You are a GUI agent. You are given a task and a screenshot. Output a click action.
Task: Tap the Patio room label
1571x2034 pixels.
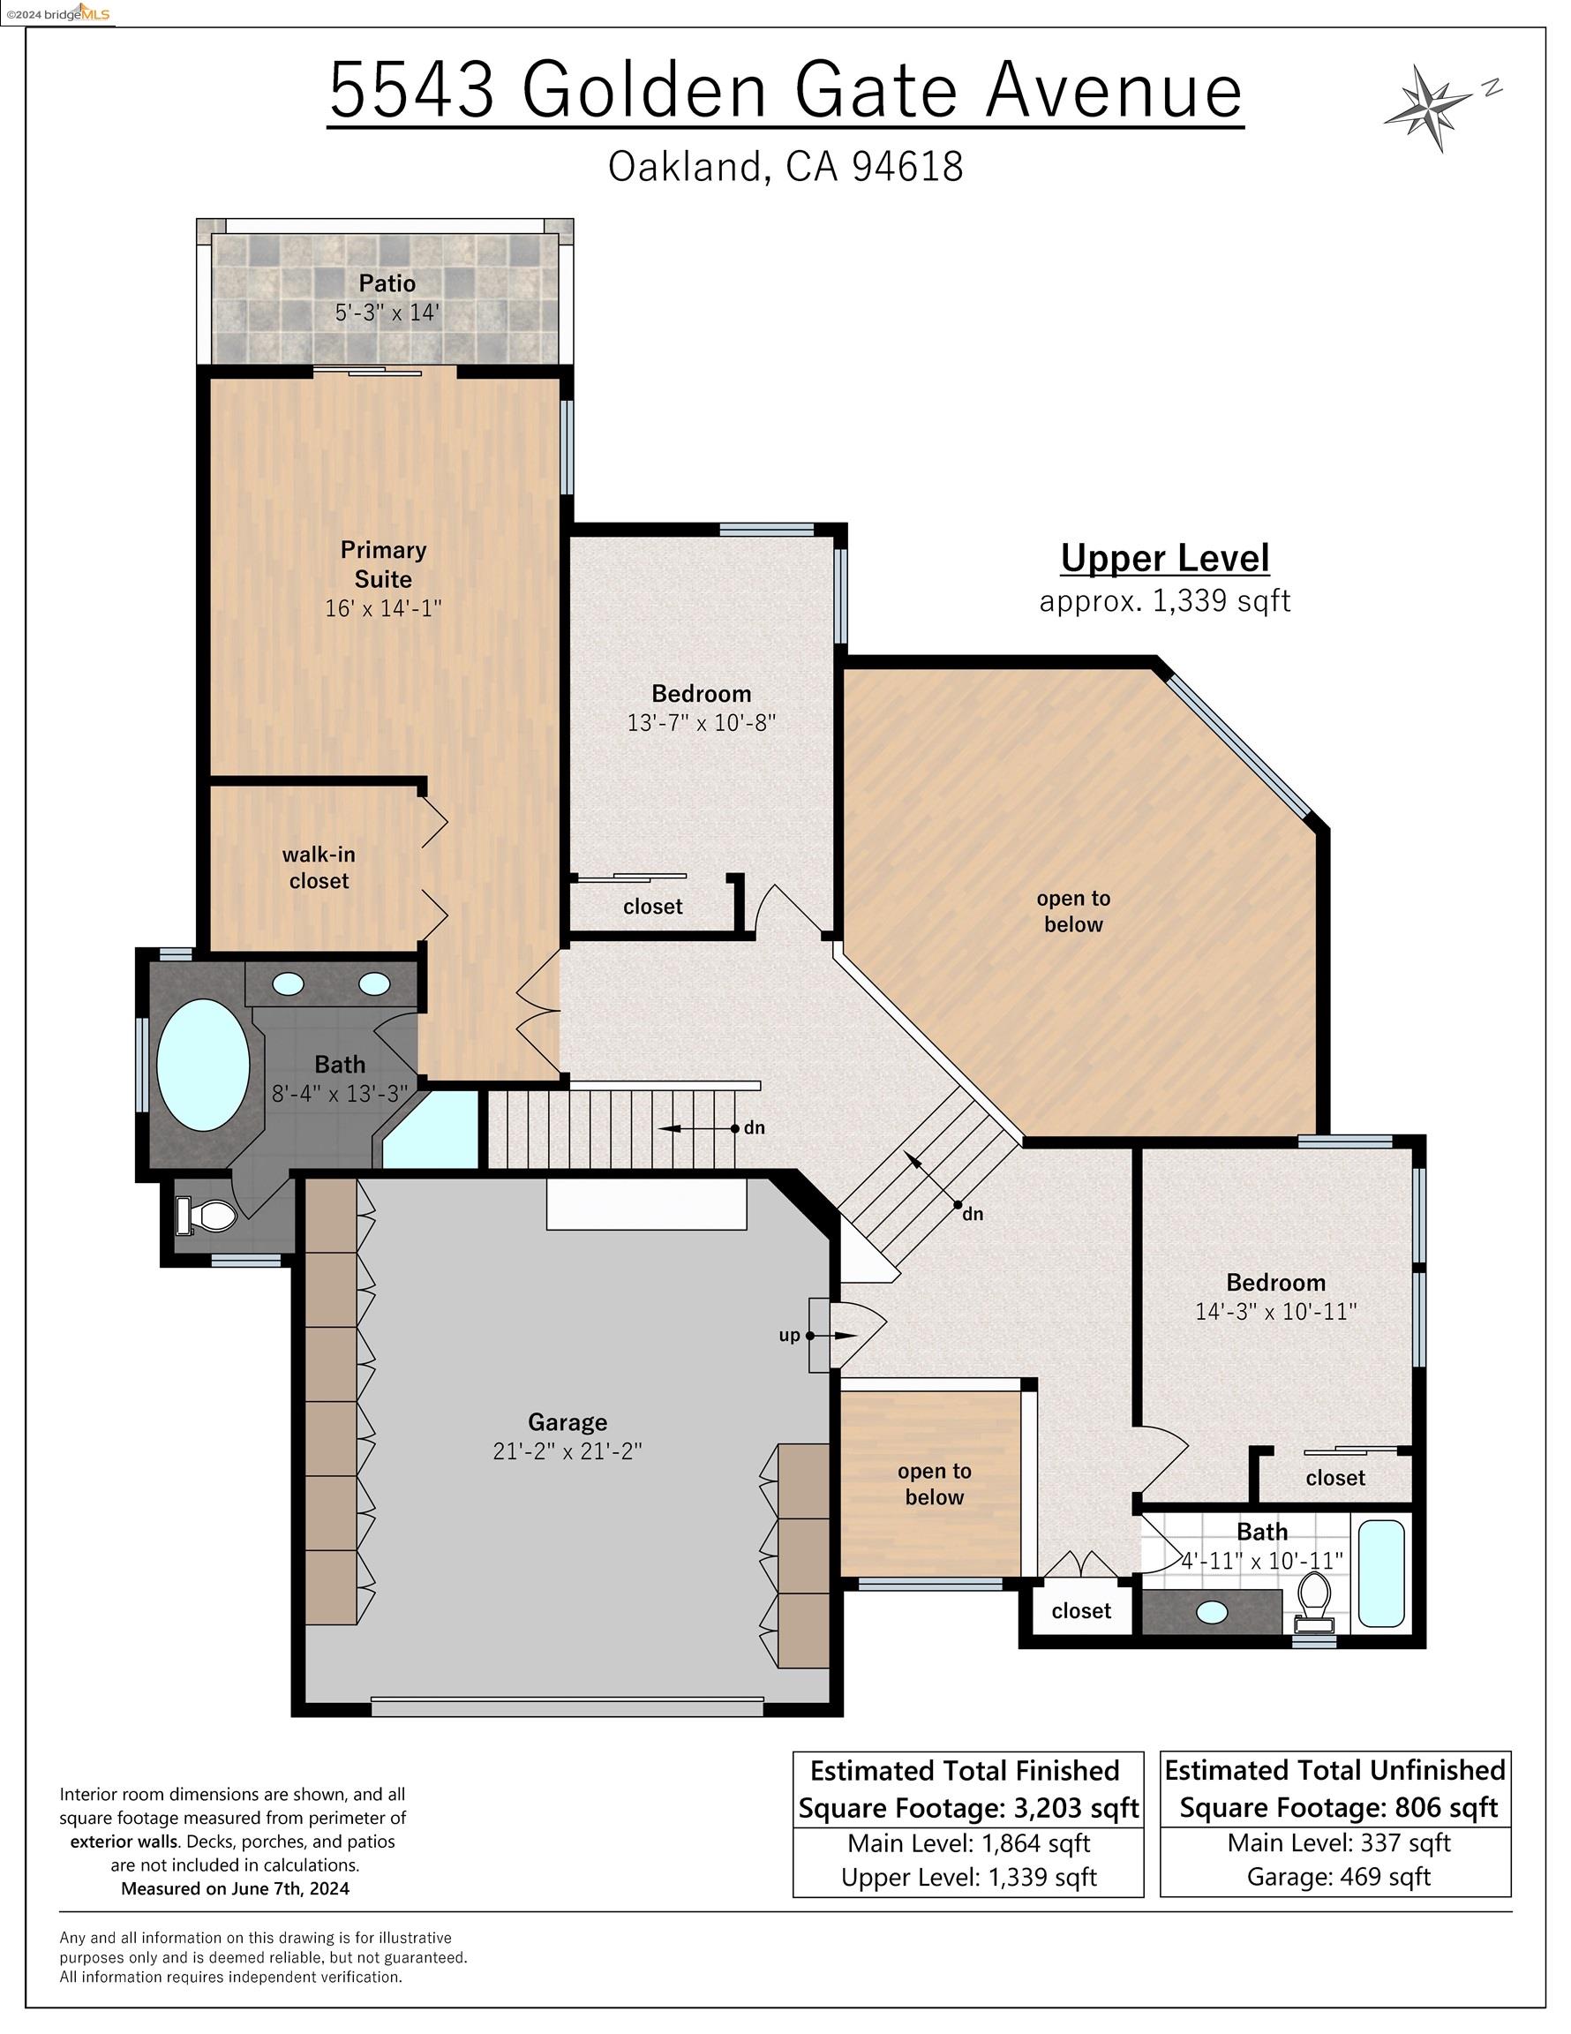pyautogui.click(x=387, y=283)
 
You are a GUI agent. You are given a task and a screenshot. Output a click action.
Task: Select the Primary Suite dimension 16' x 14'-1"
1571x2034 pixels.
pyautogui.click(x=383, y=608)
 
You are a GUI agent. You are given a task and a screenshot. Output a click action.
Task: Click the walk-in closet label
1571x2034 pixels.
pyautogui.click(x=319, y=867)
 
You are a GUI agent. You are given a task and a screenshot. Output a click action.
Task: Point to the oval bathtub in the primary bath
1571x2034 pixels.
pyautogui.click(x=203, y=1066)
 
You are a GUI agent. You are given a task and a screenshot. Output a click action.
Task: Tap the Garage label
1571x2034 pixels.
pyautogui.click(x=568, y=1422)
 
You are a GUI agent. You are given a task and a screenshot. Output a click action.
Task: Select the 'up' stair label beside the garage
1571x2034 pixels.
pyautogui.click(x=789, y=1336)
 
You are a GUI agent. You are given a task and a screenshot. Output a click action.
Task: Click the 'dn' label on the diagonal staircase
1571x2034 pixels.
pyautogui.click(x=973, y=1214)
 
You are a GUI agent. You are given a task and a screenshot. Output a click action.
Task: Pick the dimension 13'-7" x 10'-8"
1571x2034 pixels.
pyautogui.click(x=702, y=723)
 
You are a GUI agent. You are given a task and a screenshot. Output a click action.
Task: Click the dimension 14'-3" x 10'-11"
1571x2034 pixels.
pyautogui.click(x=1276, y=1311)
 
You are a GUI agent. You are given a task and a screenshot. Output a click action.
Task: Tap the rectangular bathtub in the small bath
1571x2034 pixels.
pyautogui.click(x=1380, y=1574)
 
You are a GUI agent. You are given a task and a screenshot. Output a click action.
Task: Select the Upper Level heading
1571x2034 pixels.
pyautogui.click(x=1165, y=559)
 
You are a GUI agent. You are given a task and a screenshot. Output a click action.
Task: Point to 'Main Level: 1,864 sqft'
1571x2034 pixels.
pyautogui.click(x=968, y=1843)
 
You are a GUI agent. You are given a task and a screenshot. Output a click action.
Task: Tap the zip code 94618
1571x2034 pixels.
pyautogui.click(x=907, y=167)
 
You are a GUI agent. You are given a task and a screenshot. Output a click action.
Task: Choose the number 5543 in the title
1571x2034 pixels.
pyautogui.click(x=411, y=90)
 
